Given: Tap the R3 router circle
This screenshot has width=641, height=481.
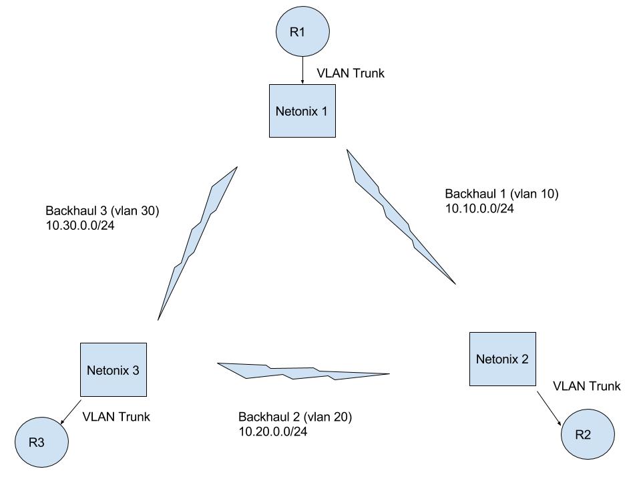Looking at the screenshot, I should tap(42, 442).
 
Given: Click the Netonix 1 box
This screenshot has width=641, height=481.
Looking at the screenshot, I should tap(302, 111).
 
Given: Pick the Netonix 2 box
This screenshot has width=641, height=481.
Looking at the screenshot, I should tap(502, 359).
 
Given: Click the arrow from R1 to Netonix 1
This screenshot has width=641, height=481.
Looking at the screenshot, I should tap(303, 70).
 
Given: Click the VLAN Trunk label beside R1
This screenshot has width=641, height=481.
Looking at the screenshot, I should tap(350, 73).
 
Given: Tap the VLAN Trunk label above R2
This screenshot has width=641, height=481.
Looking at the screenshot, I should tap(587, 386).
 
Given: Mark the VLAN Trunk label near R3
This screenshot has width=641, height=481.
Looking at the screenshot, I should tap(116, 417).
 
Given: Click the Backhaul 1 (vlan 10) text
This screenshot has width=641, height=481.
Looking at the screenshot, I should tap(501, 194).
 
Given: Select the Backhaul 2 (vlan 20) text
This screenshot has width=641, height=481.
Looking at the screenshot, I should tap(295, 418).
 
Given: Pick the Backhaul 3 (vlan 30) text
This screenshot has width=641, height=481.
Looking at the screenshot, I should tap(102, 210).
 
